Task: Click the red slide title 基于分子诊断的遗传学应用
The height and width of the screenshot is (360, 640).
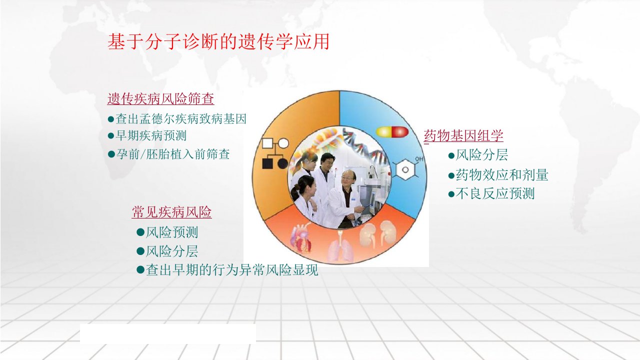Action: click(218, 41)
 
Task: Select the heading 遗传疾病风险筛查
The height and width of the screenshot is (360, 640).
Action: click(160, 99)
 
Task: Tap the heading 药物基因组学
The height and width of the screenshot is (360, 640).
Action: click(463, 135)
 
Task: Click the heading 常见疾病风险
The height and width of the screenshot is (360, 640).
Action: click(171, 212)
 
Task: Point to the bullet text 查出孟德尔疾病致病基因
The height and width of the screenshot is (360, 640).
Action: click(181, 119)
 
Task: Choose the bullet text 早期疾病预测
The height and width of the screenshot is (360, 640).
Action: click(151, 135)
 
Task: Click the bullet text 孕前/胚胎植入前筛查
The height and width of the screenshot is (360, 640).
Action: click(173, 154)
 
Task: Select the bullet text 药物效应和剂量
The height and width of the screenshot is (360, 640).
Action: click(502, 175)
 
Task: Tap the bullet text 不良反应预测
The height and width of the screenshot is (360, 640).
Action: click(495, 193)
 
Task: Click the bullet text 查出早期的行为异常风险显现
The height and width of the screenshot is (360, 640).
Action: click(231, 270)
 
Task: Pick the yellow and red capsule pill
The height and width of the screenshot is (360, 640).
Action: click(392, 131)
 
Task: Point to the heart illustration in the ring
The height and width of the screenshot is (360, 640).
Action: click(300, 238)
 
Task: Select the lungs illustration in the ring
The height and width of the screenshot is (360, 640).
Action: click(340, 247)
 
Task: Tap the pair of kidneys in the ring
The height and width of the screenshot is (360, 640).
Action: click(377, 234)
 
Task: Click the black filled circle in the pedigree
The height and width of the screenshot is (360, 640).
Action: click(283, 164)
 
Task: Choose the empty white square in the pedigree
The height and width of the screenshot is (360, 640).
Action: click(267, 143)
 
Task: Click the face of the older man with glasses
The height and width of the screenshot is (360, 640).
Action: click(347, 178)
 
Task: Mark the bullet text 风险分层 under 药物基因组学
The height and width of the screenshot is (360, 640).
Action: click(482, 155)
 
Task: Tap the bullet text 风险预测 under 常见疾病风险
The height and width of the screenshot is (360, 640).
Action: click(171, 232)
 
